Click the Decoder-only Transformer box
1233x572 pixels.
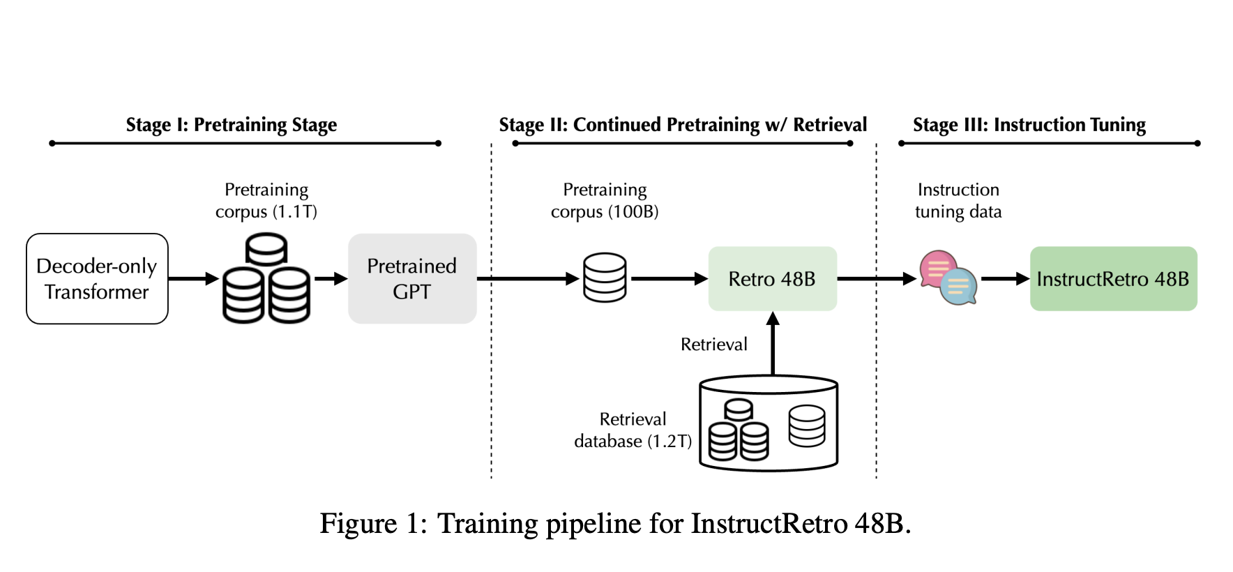pos(97,278)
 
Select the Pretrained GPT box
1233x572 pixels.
pos(412,278)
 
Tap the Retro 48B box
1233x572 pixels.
pos(772,278)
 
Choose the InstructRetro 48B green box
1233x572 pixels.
pos(1113,278)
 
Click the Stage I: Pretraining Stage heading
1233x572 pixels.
pos(231,125)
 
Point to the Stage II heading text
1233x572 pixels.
pos(683,125)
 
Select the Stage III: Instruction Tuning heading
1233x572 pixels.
pos(1029,125)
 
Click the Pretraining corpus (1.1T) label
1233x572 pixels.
pos(266,200)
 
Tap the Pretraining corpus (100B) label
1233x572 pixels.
pos(605,200)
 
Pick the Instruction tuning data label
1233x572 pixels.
pos(958,200)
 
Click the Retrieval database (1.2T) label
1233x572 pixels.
pos(633,430)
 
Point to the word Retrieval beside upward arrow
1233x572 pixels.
pos(713,344)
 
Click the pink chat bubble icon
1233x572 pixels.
pos(936,268)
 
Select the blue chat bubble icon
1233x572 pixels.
pos(960,287)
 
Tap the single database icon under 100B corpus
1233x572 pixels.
pos(605,278)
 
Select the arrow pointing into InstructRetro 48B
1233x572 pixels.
pos(1004,278)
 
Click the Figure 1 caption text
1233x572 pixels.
pos(615,523)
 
